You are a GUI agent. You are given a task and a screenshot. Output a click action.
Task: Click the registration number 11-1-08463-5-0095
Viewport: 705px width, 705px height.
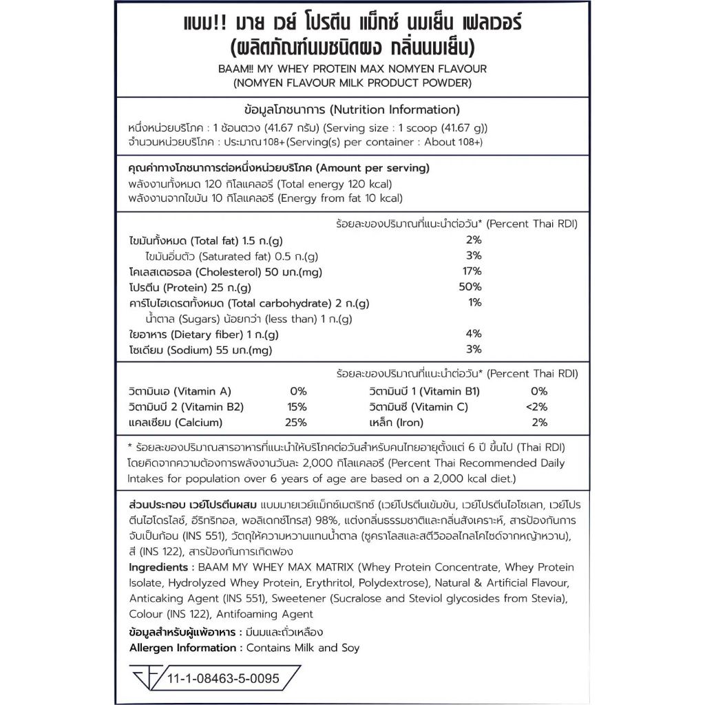coord(223,678)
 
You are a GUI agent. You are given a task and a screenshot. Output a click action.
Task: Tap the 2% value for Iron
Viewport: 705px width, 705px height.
coord(540,422)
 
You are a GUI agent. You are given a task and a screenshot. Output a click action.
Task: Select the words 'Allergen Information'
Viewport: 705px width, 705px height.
coord(182,647)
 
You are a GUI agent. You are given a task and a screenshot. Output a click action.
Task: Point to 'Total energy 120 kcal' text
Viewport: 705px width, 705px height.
coord(335,185)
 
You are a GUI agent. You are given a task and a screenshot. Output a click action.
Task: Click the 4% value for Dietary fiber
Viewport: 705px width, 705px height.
coord(473,334)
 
